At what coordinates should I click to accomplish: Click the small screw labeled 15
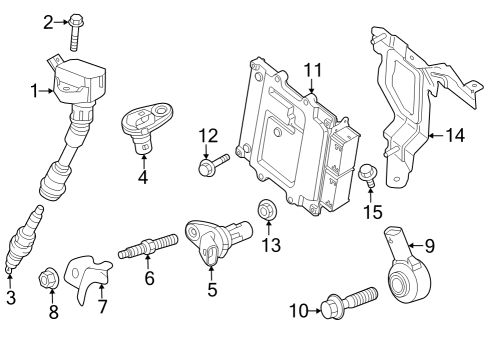[367, 176]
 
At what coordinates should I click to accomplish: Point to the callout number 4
[143, 179]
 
